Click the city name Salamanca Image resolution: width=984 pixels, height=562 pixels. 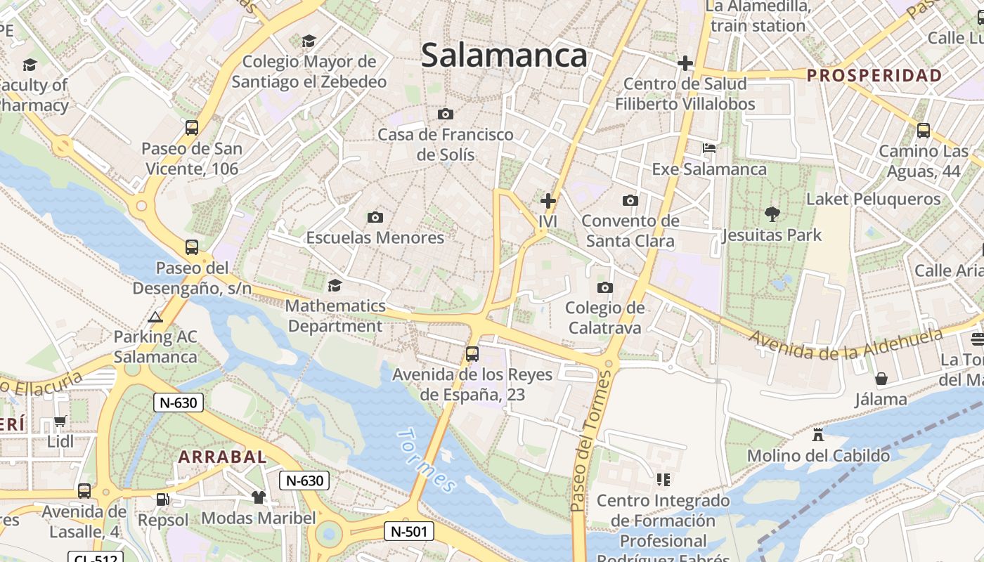[x=504, y=55]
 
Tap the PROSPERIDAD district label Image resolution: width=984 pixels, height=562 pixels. [x=874, y=76]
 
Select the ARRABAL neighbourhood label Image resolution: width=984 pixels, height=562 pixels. [x=222, y=457]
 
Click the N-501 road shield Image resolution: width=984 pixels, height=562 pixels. [x=408, y=531]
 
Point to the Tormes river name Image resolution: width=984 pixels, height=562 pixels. [x=426, y=460]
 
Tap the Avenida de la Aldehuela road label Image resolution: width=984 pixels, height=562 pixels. [x=846, y=344]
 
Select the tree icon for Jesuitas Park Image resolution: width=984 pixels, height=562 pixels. [x=772, y=214]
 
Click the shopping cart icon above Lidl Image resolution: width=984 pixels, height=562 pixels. [x=60, y=421]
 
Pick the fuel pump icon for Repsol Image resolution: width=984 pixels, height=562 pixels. [x=162, y=499]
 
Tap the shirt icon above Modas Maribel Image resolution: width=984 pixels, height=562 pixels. [x=259, y=497]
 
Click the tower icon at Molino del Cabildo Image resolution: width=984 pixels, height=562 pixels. [x=818, y=435]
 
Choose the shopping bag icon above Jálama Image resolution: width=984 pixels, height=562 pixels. [x=881, y=379]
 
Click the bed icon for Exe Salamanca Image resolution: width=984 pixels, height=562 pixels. [x=709, y=148]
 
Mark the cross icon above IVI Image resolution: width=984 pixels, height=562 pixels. [x=548, y=201]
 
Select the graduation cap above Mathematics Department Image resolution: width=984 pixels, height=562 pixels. [x=335, y=285]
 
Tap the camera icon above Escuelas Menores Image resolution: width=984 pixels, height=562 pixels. [x=375, y=217]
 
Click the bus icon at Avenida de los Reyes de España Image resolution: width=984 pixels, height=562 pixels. [x=472, y=354]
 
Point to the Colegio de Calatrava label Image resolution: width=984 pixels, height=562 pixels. [x=604, y=318]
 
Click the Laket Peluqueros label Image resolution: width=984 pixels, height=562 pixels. [x=873, y=199]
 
